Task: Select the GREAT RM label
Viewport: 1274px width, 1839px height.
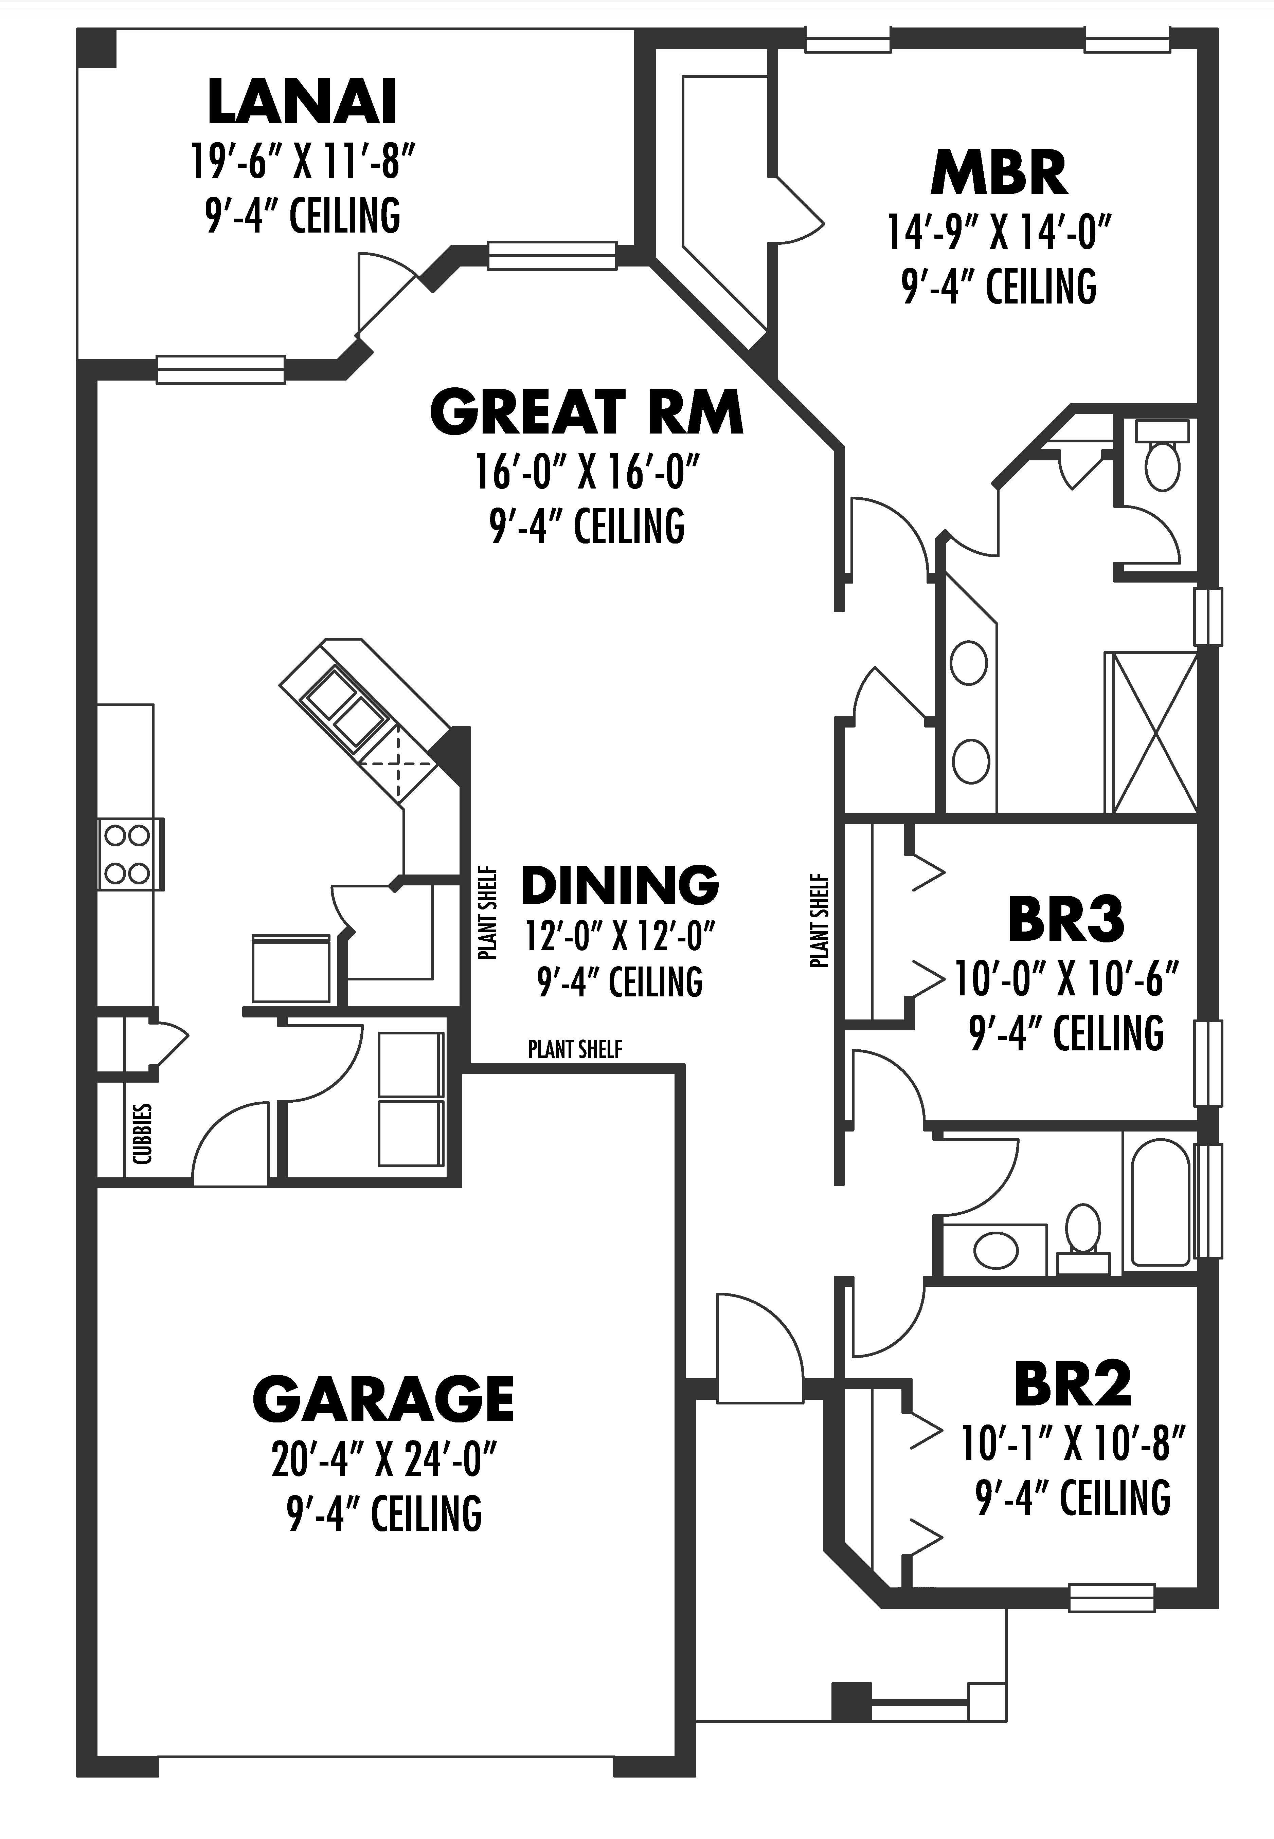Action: coord(587,412)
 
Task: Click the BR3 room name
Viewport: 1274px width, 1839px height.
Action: coord(1066,920)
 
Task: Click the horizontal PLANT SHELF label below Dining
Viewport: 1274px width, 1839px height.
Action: coord(575,1049)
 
